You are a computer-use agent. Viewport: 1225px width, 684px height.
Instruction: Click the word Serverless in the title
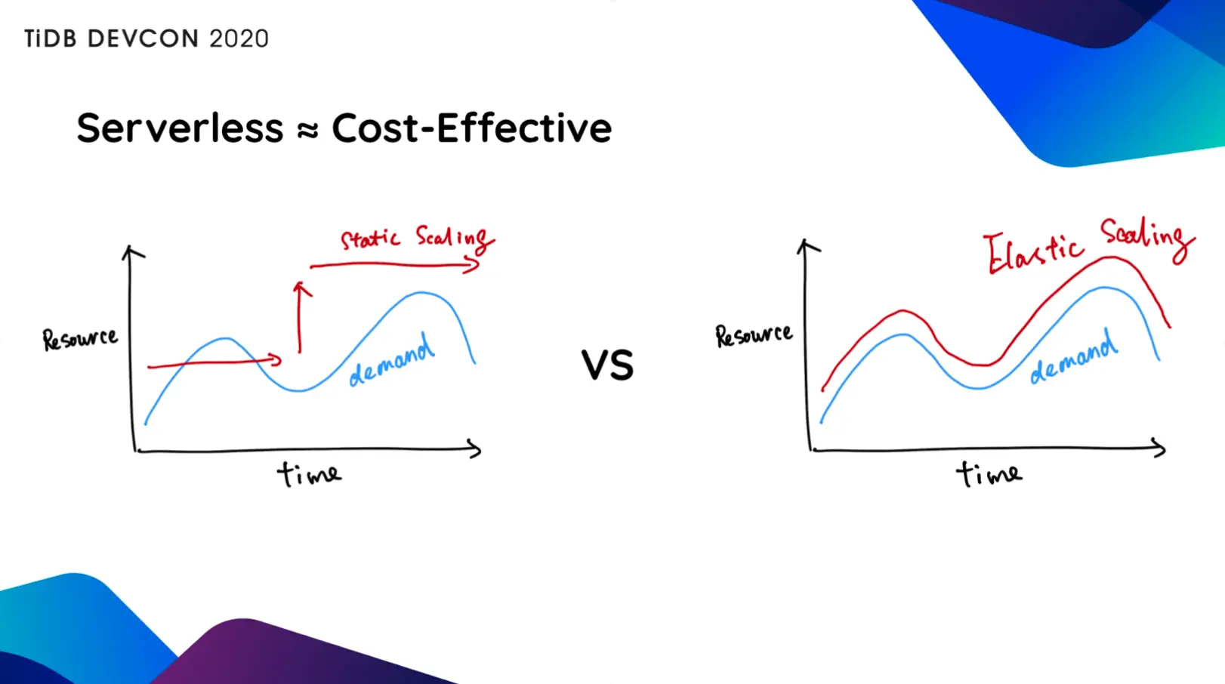(x=180, y=128)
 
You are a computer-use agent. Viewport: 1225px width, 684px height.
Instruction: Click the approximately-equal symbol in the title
(x=307, y=131)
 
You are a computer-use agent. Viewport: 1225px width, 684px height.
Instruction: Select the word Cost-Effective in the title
(x=471, y=128)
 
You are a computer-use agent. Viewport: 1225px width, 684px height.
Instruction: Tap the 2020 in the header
(x=239, y=39)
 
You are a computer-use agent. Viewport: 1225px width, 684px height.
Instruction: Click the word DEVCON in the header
(x=143, y=39)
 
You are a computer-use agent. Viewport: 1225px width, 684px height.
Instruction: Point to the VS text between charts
(x=607, y=365)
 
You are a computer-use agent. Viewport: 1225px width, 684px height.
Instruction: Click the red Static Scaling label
(x=416, y=239)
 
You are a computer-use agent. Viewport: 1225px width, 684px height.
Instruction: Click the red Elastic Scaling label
(x=1088, y=244)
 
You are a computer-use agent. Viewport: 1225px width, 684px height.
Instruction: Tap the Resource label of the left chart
(x=80, y=339)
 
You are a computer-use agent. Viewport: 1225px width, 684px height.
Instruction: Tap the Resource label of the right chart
(x=754, y=335)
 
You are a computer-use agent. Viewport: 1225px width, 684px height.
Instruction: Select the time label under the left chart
(x=309, y=474)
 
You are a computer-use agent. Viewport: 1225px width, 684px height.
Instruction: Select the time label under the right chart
(x=989, y=474)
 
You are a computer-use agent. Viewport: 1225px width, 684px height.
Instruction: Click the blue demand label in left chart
(x=391, y=362)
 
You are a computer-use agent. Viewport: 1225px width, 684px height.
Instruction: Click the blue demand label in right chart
(x=1073, y=357)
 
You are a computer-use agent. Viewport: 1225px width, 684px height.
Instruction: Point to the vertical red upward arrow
(x=301, y=317)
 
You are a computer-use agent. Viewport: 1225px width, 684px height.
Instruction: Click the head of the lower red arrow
(x=276, y=360)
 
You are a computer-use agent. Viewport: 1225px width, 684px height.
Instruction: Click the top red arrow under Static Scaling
(x=393, y=265)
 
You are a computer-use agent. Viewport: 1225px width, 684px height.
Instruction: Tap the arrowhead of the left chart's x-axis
(x=476, y=449)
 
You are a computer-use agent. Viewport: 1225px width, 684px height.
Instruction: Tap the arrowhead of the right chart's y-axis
(x=807, y=245)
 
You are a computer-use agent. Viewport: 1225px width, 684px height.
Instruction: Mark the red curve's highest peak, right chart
(x=1110, y=258)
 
